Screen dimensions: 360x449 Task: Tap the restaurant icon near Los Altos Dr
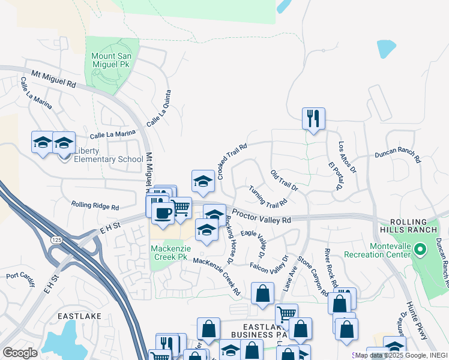pos(313,118)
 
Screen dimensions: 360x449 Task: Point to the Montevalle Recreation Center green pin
pos(420,249)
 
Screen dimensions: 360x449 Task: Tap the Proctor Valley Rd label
pos(261,217)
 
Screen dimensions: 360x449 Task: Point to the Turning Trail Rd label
pos(268,196)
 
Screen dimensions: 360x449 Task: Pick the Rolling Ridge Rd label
pos(95,206)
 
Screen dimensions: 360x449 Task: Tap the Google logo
pos(20,353)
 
